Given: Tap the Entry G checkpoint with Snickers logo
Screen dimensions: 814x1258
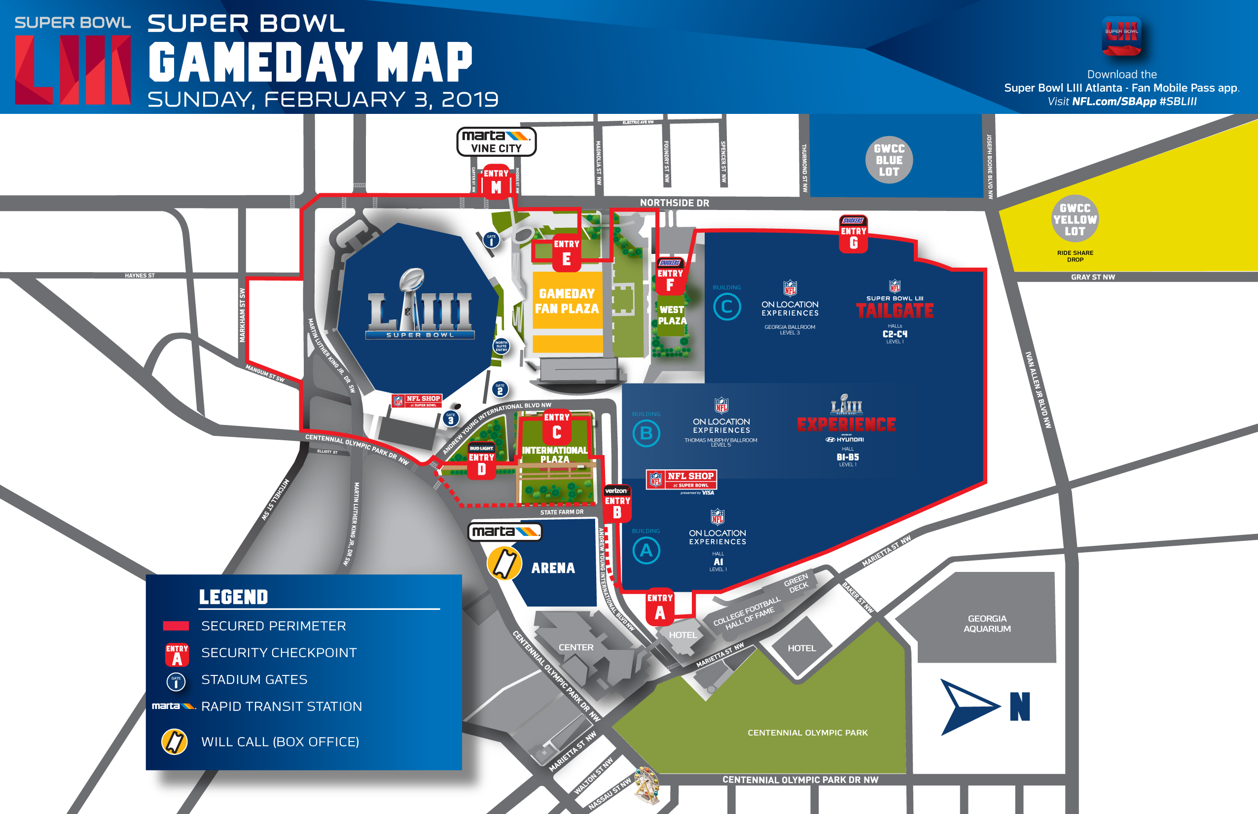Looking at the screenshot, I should coord(853,235).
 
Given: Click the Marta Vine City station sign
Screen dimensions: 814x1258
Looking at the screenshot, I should coord(496,142).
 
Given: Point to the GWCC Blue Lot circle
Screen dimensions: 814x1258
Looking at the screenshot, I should coord(889,160).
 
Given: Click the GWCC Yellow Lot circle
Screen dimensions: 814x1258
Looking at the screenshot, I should coord(1075,219).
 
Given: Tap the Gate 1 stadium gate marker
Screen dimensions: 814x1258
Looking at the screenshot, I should coord(491,240).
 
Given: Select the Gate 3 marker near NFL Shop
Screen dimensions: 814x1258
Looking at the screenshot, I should coord(450,419).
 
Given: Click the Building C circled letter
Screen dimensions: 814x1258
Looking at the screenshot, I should coord(727,307).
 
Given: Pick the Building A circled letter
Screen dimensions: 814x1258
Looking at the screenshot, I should coord(646,551).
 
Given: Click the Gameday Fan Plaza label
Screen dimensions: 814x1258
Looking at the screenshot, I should coord(567,301).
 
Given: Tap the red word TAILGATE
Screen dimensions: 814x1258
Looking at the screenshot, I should coord(895,311).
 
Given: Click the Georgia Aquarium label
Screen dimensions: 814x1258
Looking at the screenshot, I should coord(986,624).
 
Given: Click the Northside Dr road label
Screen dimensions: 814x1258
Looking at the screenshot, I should coord(674,203).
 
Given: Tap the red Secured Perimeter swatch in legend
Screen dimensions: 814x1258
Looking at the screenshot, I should coord(176,626).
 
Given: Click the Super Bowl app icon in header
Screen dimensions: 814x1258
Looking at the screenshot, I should coord(1121,36).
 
